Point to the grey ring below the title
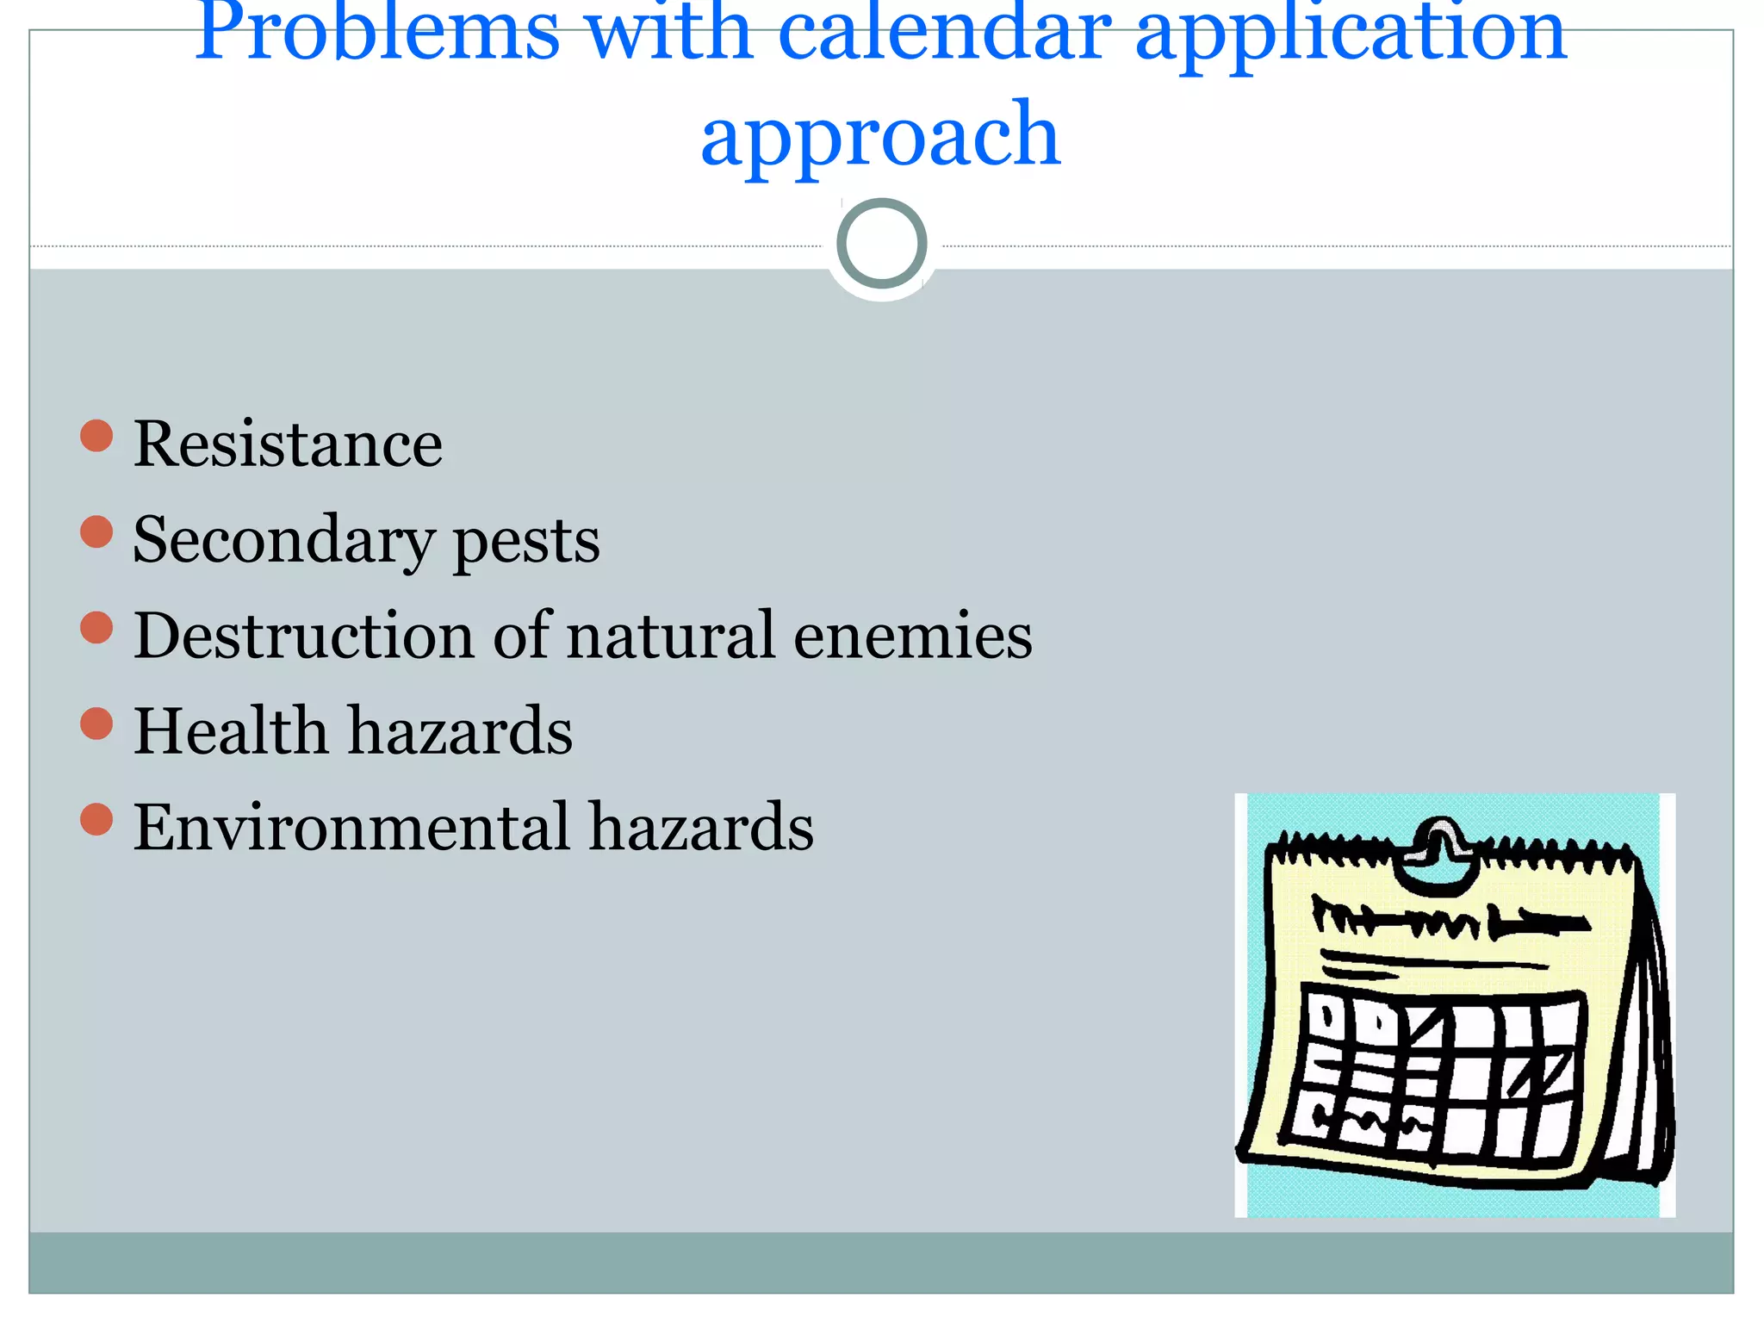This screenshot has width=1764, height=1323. (881, 243)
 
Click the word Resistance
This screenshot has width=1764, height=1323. (288, 444)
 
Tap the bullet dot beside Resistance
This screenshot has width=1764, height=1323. (96, 436)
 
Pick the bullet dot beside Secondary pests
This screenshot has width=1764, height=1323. (96, 531)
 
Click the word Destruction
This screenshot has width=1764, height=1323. (303, 636)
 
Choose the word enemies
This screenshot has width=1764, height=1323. (912, 636)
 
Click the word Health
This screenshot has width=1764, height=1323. (231, 731)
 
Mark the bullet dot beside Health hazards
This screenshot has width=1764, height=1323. (96, 724)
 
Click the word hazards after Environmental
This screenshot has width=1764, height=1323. (701, 828)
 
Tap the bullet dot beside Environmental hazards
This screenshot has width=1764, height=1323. (96, 819)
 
